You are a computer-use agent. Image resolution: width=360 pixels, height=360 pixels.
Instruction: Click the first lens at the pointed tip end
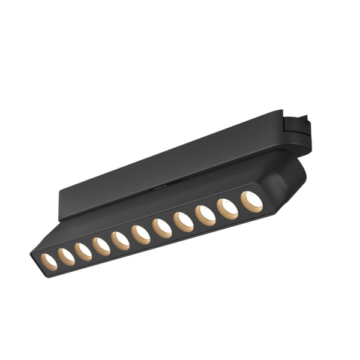coord(49,260)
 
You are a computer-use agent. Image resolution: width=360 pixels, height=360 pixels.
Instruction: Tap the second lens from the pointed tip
coord(66,256)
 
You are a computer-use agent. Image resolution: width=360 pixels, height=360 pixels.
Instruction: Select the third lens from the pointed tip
coord(83,251)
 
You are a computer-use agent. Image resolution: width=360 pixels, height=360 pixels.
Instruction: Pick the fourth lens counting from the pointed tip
coord(101,246)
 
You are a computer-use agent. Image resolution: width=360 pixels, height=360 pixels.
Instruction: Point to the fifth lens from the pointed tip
coord(121,240)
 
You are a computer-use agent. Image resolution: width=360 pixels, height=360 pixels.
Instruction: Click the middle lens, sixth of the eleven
coord(140,235)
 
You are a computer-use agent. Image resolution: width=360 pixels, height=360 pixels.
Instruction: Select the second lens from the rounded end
coord(227,208)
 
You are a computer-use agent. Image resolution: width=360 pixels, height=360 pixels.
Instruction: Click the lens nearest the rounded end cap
coord(251,201)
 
